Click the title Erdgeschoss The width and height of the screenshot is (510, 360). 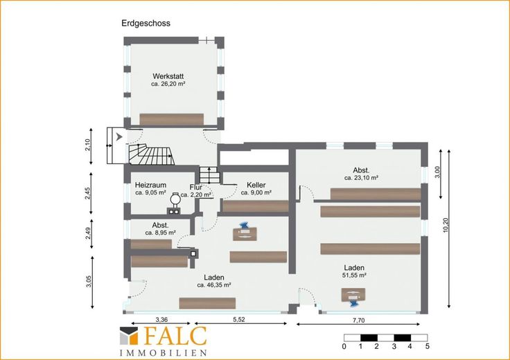(x=146, y=24)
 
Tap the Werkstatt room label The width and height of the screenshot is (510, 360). (x=168, y=76)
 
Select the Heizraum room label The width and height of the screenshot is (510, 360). (x=150, y=185)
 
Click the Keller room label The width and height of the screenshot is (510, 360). (x=256, y=185)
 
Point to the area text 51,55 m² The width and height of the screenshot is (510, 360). (x=354, y=276)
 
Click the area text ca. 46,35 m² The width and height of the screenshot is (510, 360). (x=214, y=285)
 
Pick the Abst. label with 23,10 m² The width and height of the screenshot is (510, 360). (x=361, y=170)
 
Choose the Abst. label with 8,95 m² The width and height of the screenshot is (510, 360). (x=160, y=225)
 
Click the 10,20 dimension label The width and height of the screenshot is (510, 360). (x=446, y=225)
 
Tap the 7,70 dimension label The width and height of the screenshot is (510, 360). (x=359, y=321)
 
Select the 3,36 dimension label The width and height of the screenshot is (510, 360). (x=161, y=320)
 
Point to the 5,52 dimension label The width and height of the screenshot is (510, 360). (x=239, y=319)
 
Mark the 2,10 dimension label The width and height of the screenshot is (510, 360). (x=87, y=145)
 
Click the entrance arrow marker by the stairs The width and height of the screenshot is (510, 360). (x=119, y=137)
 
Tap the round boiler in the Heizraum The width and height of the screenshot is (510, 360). (x=175, y=198)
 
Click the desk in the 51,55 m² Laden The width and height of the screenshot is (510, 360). (x=353, y=296)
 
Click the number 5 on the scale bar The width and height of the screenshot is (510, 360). (x=428, y=346)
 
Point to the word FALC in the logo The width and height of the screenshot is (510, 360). (x=175, y=336)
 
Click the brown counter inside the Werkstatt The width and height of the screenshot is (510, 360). (x=171, y=119)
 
